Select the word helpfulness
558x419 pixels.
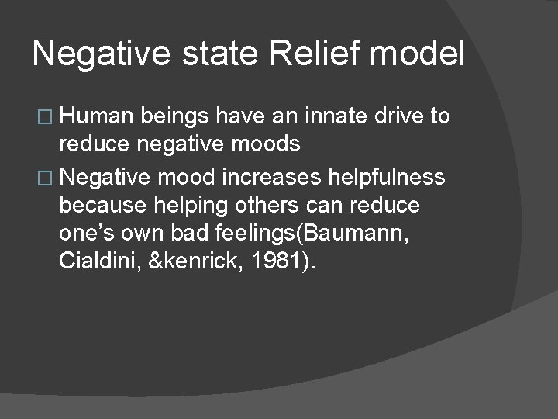tap(391, 177)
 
